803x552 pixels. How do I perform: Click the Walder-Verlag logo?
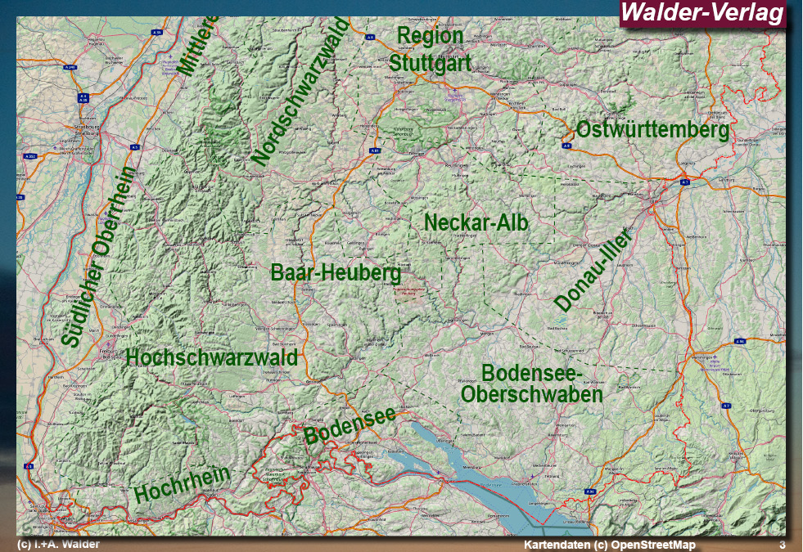click(x=702, y=13)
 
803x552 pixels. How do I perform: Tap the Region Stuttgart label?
click(x=430, y=50)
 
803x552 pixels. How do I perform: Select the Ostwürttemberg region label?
click(x=652, y=129)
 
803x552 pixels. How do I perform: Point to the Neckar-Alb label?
click(x=476, y=222)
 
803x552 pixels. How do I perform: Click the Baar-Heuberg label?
click(x=336, y=272)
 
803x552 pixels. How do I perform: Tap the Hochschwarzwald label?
click(x=211, y=357)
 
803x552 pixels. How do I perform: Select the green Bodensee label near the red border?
click(x=350, y=424)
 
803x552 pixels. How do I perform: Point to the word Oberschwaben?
click(x=532, y=394)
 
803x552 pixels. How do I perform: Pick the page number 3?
click(x=782, y=545)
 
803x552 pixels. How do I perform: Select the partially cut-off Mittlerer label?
click(x=198, y=45)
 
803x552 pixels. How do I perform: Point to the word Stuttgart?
click(x=430, y=62)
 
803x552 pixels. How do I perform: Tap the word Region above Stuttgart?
click(x=430, y=36)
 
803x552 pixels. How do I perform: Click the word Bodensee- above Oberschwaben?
click(x=532, y=374)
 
